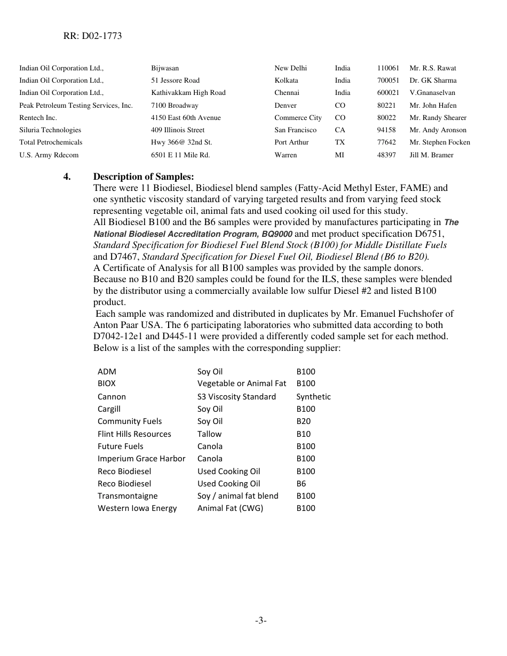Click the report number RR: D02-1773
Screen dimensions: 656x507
click(90, 36)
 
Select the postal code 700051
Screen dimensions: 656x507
click(387, 81)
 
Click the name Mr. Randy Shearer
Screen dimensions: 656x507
click(438, 118)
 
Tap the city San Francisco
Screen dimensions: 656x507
click(295, 130)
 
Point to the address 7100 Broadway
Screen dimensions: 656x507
click(175, 106)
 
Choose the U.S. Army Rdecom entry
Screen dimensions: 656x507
click(49, 155)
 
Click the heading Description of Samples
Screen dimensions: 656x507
click(144, 177)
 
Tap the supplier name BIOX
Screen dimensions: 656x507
click(106, 383)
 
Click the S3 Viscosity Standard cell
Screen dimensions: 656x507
click(236, 397)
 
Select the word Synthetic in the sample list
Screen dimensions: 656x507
click(313, 397)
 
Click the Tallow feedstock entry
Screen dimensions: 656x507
click(209, 434)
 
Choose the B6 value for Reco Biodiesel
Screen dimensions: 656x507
click(301, 484)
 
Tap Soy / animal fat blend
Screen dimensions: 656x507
click(237, 496)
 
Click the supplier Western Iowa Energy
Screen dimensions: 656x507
click(137, 508)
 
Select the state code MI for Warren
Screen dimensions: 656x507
click(339, 155)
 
